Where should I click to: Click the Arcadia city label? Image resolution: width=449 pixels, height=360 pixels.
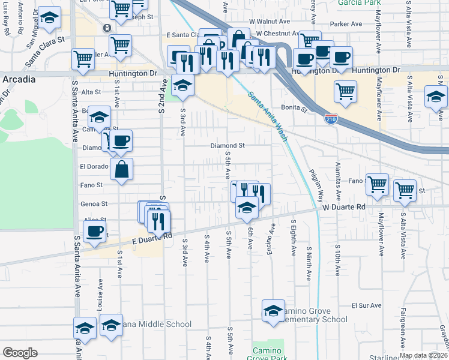pos(17,79)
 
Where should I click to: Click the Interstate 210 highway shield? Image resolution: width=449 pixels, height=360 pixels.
pos(331,119)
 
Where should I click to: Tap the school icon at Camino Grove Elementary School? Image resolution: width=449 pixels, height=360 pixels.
pos(273,311)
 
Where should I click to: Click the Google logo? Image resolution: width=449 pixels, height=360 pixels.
pos(20,353)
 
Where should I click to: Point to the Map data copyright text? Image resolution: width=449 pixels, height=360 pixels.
pos(423,355)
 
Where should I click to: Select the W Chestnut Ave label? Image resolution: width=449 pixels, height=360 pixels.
pos(276,34)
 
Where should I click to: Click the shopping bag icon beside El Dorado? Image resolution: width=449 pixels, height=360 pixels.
pos(121,169)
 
